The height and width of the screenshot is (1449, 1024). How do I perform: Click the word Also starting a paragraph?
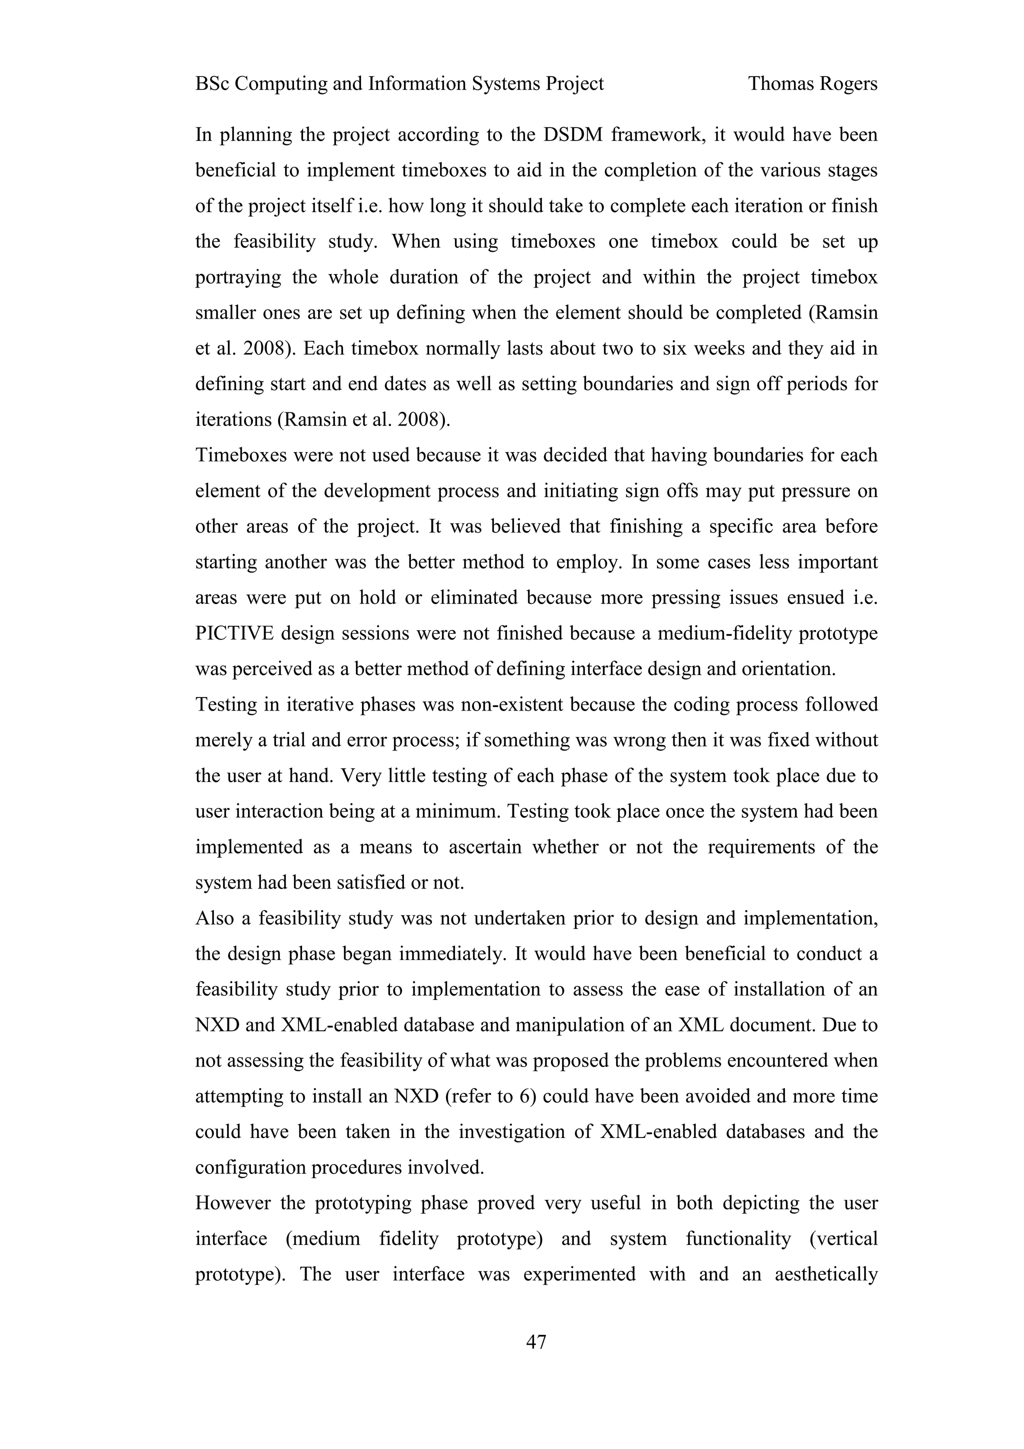point(214,917)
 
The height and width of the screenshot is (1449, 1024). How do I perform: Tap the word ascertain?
point(485,847)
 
